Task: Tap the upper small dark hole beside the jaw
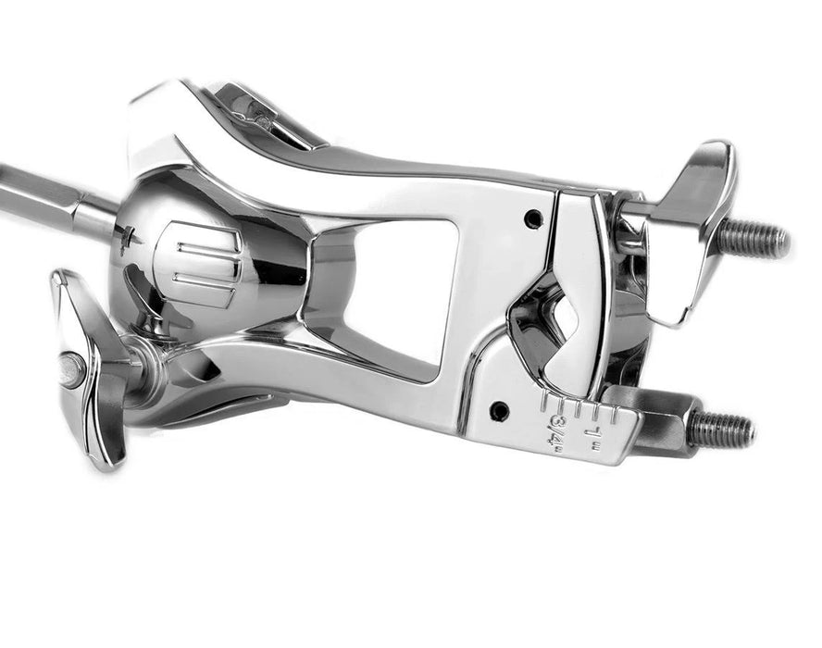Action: click(x=533, y=220)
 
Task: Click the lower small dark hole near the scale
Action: click(x=500, y=408)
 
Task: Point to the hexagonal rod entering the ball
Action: click(x=56, y=199)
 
